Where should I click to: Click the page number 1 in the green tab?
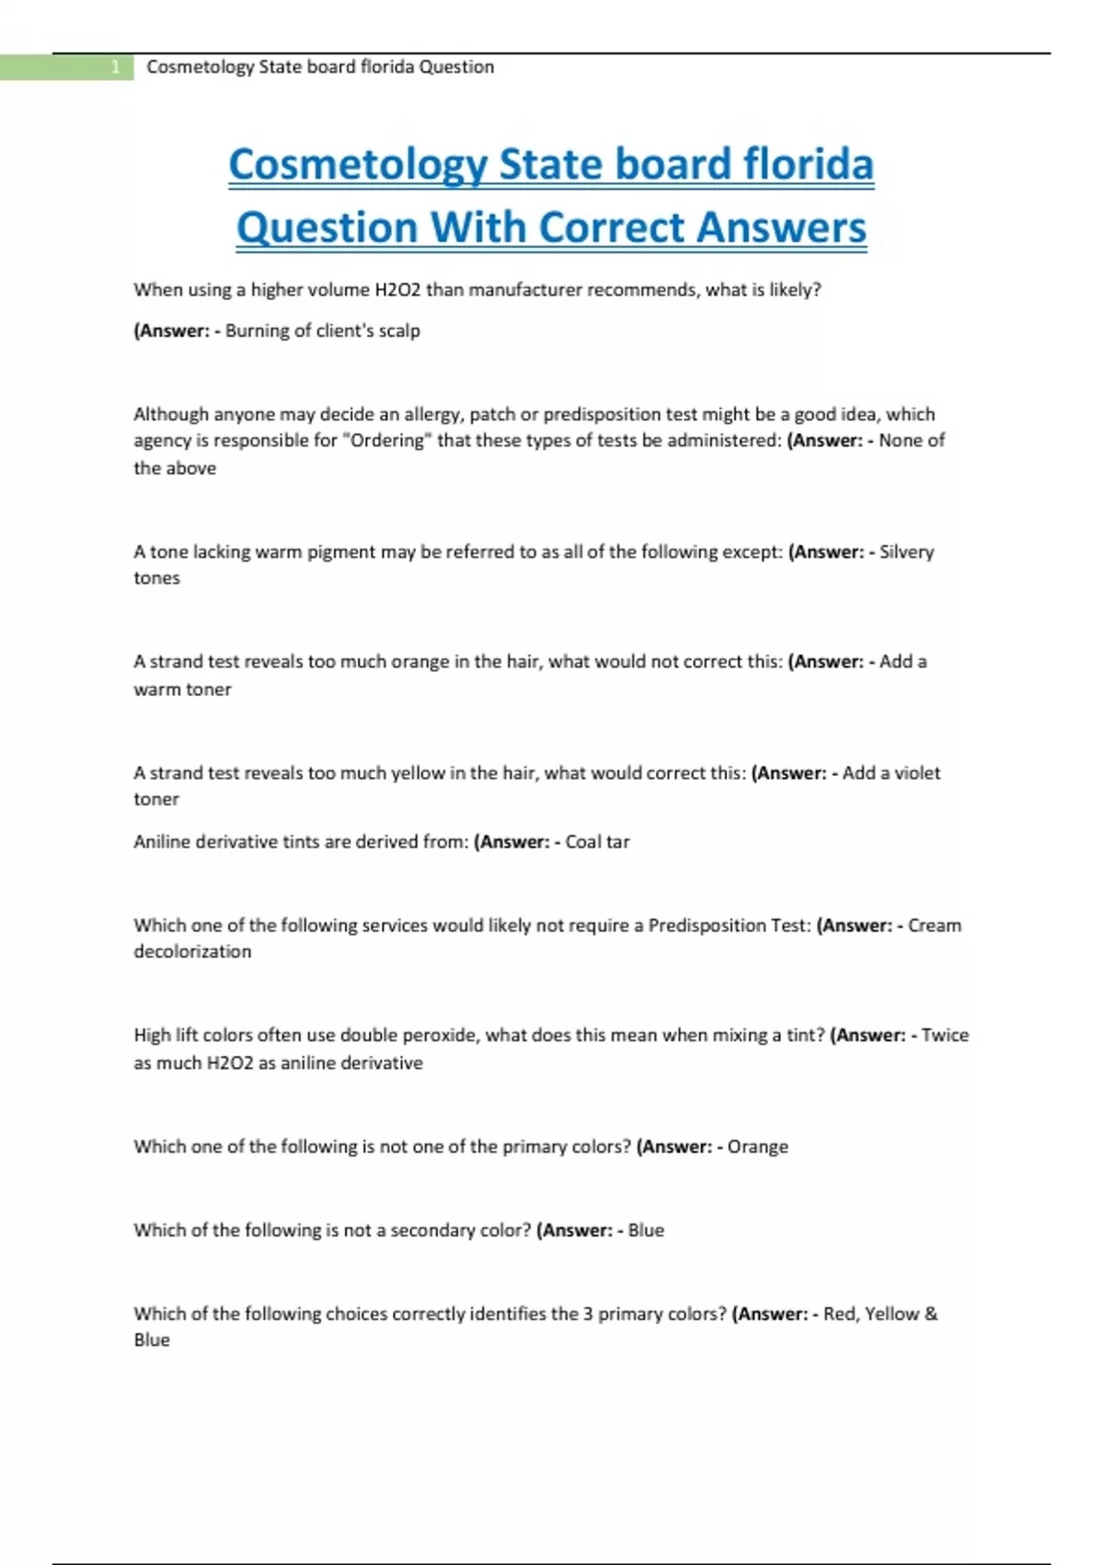point(115,67)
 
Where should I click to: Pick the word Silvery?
point(906,551)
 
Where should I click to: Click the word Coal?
point(582,841)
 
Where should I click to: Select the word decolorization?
point(192,951)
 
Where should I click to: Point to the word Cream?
point(934,925)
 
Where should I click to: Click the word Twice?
point(945,1035)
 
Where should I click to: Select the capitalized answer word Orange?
point(757,1146)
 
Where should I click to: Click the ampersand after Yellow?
point(931,1314)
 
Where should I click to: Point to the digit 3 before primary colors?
point(588,1314)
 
